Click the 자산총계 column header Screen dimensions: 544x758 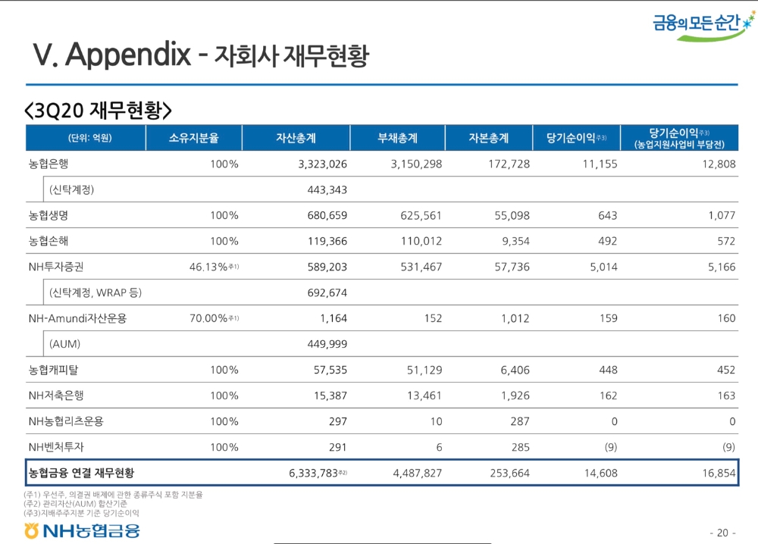pyautogui.click(x=296, y=138)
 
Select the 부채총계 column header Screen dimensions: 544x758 pyautogui.click(x=397, y=138)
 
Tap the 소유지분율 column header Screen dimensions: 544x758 pyautogui.click(x=193, y=138)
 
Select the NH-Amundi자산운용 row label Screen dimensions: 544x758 pyautogui.click(x=77, y=318)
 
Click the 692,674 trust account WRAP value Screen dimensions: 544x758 pyautogui.click(x=327, y=292)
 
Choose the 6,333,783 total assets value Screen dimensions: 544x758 pyautogui.click(x=315, y=473)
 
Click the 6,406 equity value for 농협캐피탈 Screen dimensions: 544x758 pyautogui.click(x=514, y=370)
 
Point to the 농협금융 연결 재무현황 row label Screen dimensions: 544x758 pyautogui.click(x=82, y=473)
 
